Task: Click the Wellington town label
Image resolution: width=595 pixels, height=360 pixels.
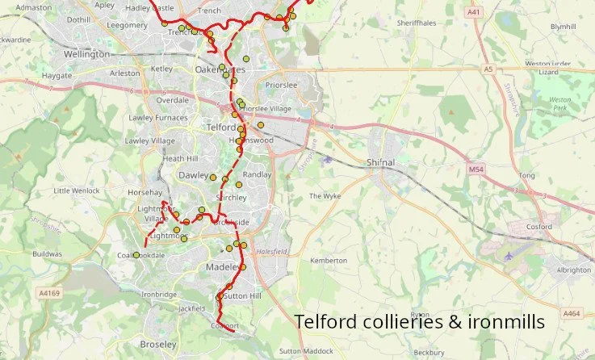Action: click(86, 54)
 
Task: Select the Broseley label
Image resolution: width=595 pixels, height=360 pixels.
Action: click(157, 344)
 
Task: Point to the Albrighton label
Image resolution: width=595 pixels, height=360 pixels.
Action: click(573, 270)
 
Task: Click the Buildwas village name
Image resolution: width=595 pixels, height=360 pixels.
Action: click(47, 253)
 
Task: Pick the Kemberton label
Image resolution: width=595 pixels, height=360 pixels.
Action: click(328, 261)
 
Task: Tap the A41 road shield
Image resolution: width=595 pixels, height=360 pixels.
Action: click(473, 12)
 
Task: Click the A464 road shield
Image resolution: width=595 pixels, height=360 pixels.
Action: click(572, 313)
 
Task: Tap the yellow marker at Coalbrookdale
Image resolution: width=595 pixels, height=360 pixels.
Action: click(136, 255)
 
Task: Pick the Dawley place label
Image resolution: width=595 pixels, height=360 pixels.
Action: click(193, 174)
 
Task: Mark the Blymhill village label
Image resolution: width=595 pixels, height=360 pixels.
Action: click(563, 27)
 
